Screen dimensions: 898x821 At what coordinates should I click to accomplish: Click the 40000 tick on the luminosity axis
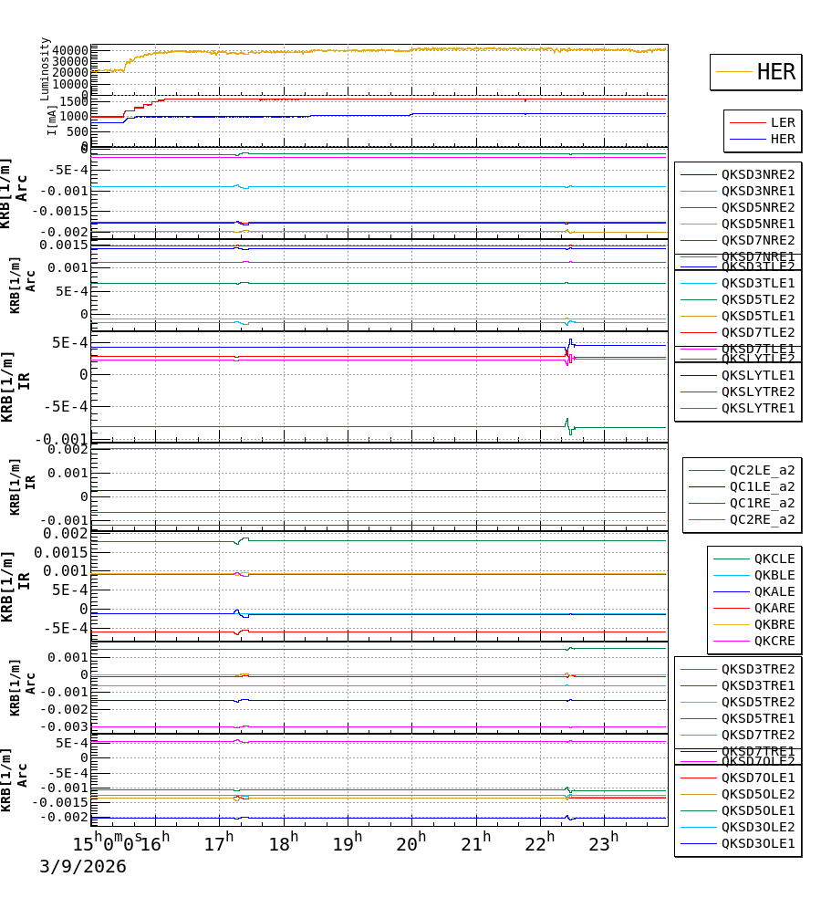69,51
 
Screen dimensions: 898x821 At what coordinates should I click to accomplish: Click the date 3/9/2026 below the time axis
82,867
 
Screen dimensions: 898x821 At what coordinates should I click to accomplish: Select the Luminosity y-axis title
46,68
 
